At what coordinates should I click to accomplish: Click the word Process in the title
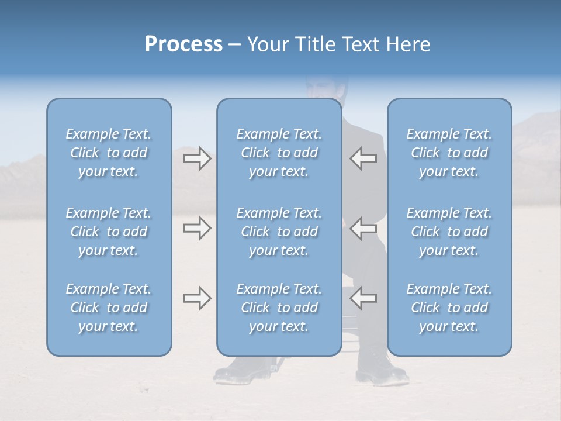click(x=183, y=44)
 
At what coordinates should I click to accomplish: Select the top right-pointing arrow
click(x=197, y=158)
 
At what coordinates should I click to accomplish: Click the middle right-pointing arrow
click(x=197, y=228)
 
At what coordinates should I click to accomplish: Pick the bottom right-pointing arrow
click(x=197, y=298)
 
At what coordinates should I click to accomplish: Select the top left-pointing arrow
click(x=363, y=158)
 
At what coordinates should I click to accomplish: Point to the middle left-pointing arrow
click(x=363, y=228)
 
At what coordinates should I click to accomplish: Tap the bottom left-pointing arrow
click(x=363, y=298)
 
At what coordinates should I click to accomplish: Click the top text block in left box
click(x=109, y=153)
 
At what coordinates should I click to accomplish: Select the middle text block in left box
click(x=109, y=232)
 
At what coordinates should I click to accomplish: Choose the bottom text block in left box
click(x=109, y=308)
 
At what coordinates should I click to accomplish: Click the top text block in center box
click(x=279, y=153)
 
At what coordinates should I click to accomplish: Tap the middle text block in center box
click(x=279, y=232)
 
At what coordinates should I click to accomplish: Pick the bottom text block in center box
click(x=279, y=308)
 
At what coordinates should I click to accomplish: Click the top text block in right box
click(x=449, y=153)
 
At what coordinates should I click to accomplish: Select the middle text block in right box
click(x=449, y=232)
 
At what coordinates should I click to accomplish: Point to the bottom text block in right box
click(x=449, y=308)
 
